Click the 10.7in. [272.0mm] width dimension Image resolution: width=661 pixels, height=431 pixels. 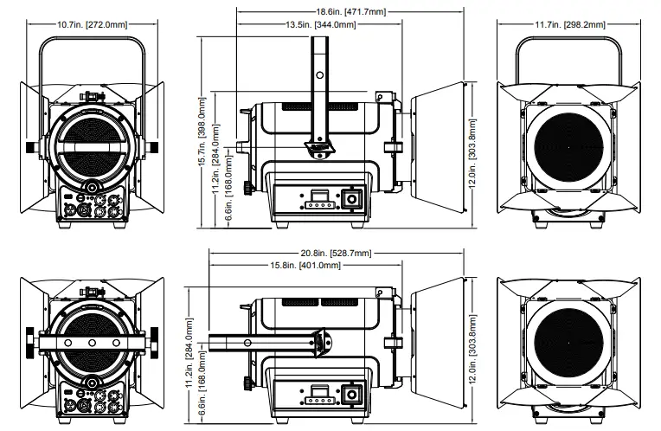click(90, 25)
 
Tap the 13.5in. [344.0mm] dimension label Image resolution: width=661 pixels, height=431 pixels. click(320, 25)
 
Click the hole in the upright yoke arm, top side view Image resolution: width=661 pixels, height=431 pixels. click(319, 76)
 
